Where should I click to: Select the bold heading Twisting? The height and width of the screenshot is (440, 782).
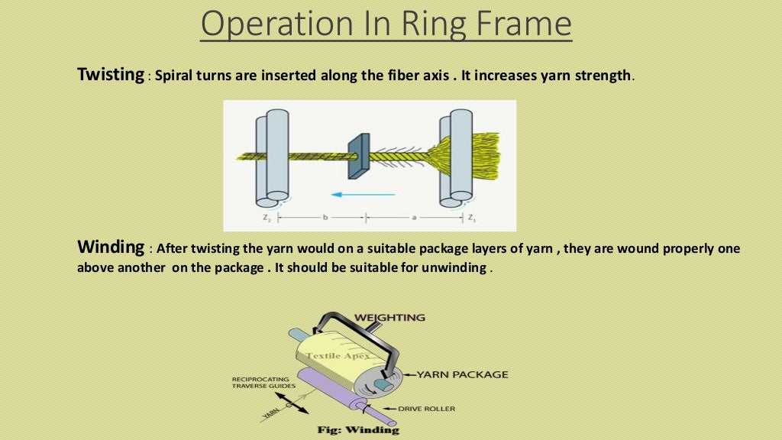point(111,76)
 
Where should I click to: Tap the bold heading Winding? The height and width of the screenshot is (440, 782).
point(111,248)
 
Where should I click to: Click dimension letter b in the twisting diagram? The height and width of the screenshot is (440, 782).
point(325,218)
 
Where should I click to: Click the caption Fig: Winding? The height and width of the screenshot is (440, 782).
point(358,429)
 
